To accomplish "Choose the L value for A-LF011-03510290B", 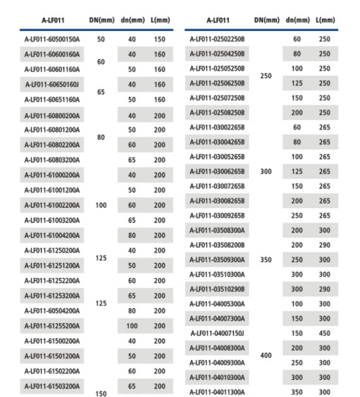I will click(x=325, y=289).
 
